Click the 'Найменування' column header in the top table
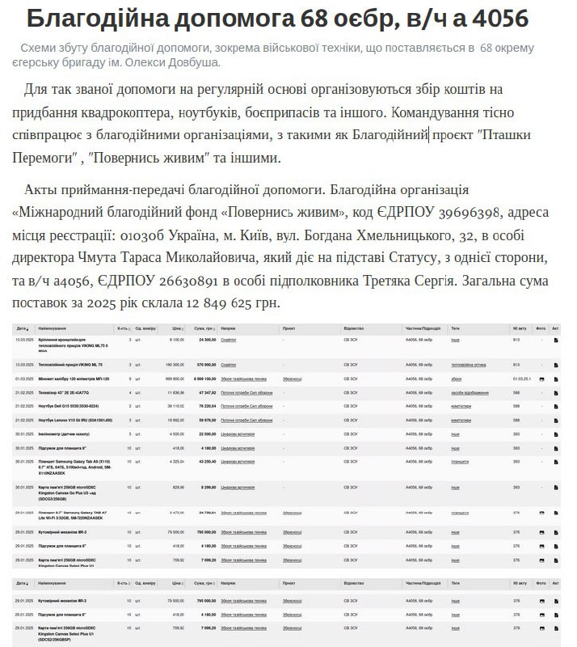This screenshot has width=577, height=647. [x=53, y=329]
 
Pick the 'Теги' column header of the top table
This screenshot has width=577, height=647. [x=456, y=329]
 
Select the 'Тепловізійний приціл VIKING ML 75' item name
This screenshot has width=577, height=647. [x=70, y=365]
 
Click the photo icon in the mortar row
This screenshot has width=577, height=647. [x=541, y=378]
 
